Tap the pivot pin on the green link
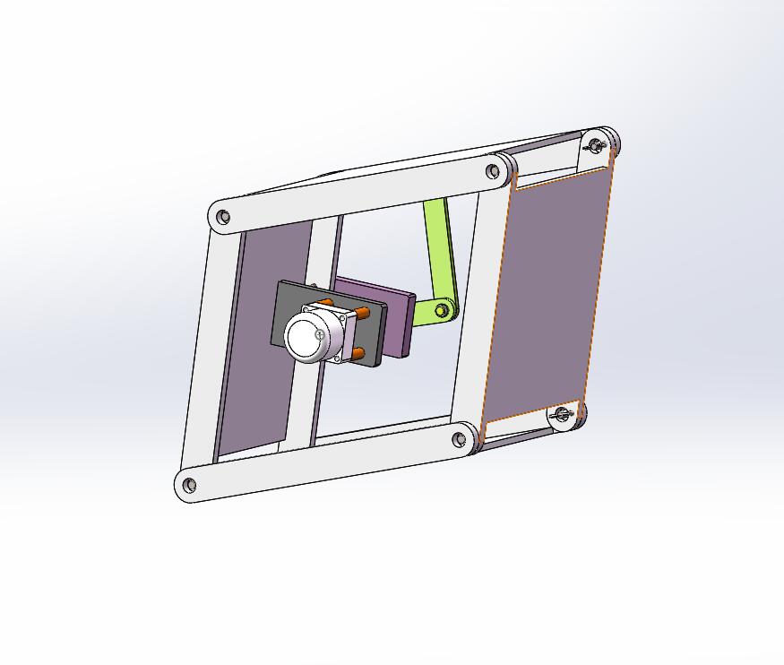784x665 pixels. (x=442, y=310)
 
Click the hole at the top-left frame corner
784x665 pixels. (x=224, y=217)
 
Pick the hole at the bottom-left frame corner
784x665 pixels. (x=189, y=486)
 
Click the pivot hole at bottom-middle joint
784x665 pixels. (x=460, y=439)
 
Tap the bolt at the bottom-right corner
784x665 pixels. (x=563, y=415)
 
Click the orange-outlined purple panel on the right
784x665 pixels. (x=547, y=296)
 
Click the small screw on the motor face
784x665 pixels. (x=321, y=334)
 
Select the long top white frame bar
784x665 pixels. (x=358, y=193)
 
